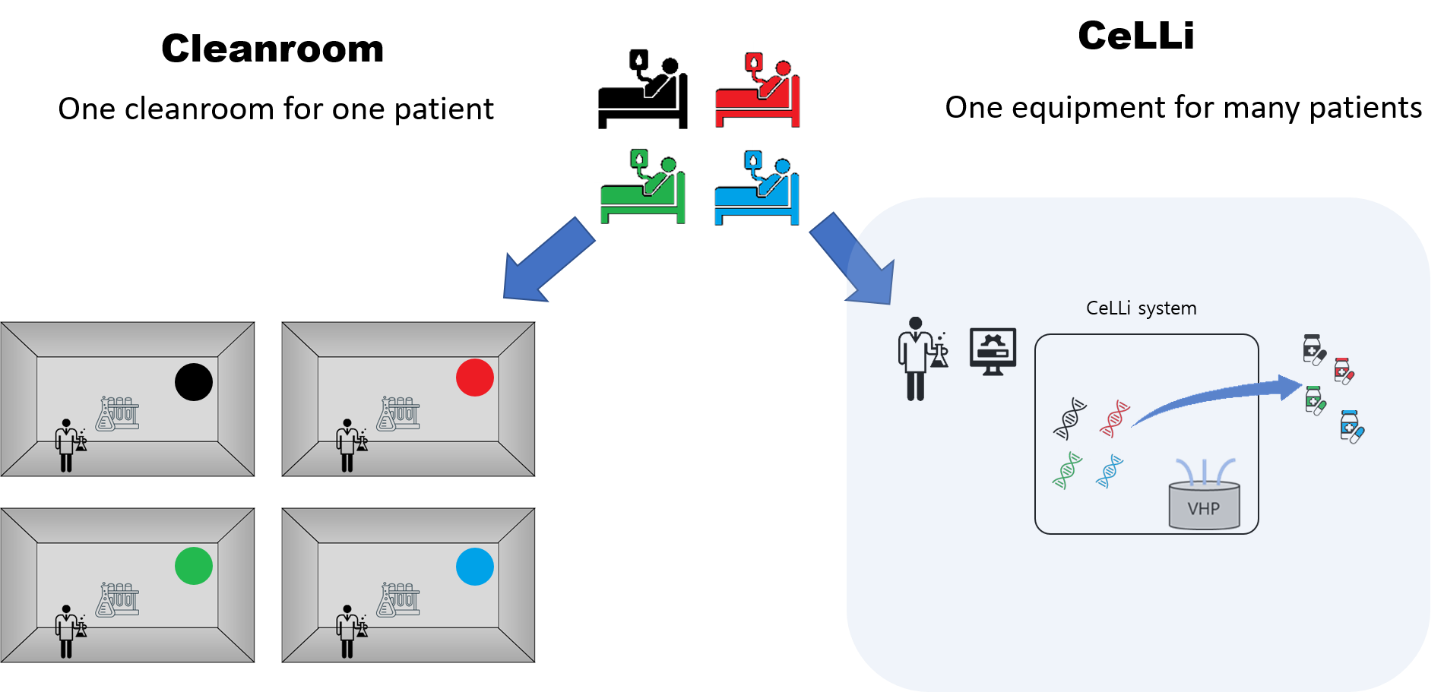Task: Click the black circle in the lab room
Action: click(194, 381)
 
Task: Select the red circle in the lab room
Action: click(475, 378)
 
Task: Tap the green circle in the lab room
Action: click(194, 566)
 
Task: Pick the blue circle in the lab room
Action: click(475, 567)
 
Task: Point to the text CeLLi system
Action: click(1141, 308)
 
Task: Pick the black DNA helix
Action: click(1069, 419)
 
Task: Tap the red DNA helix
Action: click(1115, 419)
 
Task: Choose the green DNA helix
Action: click(1067, 470)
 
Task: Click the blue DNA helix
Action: click(1110, 471)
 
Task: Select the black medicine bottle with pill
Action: click(1313, 349)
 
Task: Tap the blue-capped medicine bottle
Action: click(1351, 427)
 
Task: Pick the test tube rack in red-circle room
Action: click(399, 413)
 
